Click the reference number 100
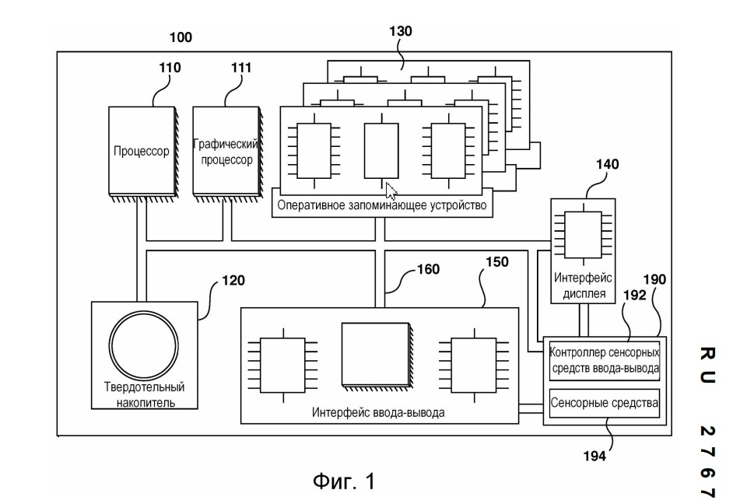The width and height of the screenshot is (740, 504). click(x=181, y=37)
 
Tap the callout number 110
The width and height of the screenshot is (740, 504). click(x=170, y=68)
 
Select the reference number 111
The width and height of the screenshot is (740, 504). click(x=241, y=68)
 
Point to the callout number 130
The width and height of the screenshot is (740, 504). click(x=400, y=31)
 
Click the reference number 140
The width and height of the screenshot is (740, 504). click(x=608, y=164)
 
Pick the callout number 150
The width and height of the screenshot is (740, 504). click(x=497, y=262)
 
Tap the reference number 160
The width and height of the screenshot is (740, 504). click(x=428, y=269)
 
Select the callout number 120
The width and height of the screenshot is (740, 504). click(x=233, y=280)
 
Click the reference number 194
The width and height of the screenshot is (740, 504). click(x=594, y=456)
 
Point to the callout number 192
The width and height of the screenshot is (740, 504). click(x=634, y=295)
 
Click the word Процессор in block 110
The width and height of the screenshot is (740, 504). click(x=141, y=151)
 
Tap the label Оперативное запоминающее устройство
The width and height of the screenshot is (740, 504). click(x=382, y=205)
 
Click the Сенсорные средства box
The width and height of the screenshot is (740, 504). click(x=605, y=403)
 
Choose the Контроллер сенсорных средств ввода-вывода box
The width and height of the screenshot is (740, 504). click(x=605, y=361)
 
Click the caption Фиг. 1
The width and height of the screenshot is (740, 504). click(x=344, y=481)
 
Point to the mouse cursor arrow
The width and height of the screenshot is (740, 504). click(x=391, y=191)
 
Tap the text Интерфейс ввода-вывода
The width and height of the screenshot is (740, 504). click(x=378, y=412)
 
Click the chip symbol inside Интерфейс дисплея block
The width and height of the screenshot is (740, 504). click(x=584, y=235)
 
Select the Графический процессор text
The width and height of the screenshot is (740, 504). click(x=226, y=152)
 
